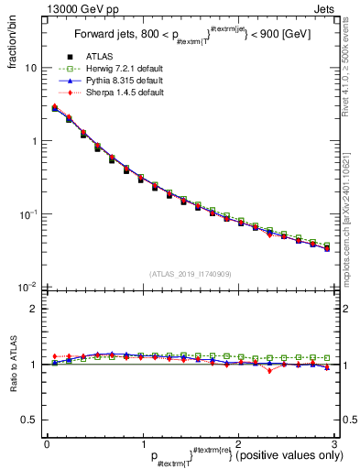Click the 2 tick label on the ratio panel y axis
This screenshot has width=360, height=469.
point(34,309)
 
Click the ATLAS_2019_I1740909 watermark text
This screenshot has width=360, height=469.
point(190,273)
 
